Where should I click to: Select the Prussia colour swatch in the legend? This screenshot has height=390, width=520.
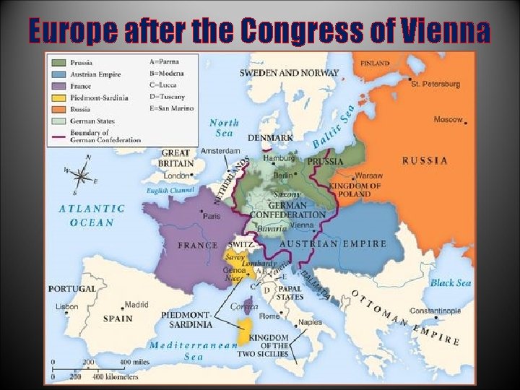pyautogui.click(x=59, y=62)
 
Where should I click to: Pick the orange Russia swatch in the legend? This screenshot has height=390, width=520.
pyautogui.click(x=59, y=108)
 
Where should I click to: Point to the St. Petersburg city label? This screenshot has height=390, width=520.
pyautogui.click(x=435, y=84)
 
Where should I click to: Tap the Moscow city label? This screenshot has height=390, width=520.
pyautogui.click(x=448, y=119)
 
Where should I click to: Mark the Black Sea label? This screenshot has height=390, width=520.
pyautogui.click(x=451, y=283)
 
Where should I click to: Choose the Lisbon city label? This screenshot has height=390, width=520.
pyautogui.click(x=66, y=306)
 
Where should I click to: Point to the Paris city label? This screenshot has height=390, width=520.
pyautogui.click(x=212, y=215)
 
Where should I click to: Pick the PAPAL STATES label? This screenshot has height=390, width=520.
pyautogui.click(x=290, y=292)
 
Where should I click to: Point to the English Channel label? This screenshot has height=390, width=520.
pyautogui.click(x=170, y=191)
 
